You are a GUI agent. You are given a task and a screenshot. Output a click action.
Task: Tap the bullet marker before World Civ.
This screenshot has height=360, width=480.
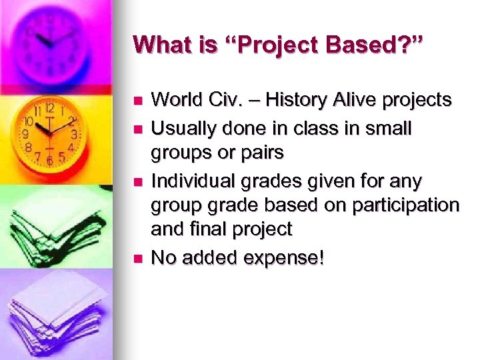click(x=138, y=101)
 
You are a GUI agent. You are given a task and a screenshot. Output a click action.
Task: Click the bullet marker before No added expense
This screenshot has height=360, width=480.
click(x=138, y=258)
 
